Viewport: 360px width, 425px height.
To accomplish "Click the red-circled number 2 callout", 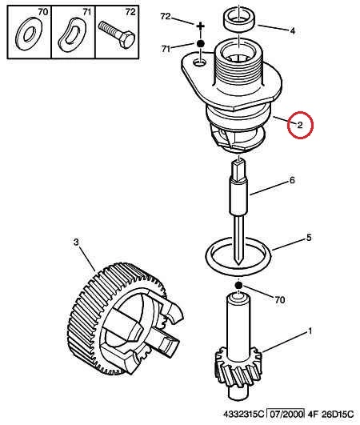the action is coord(300,125).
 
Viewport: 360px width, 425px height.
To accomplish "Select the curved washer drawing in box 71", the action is coord(72,34).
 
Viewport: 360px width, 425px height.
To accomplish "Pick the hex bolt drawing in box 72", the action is coord(117,34).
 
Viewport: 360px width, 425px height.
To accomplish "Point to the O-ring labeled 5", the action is coord(238,256).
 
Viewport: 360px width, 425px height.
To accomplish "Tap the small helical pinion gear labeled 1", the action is coord(238,360).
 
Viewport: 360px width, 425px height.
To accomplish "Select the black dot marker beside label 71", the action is coord(201,43).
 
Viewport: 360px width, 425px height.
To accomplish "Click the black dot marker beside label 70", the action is coord(238,285).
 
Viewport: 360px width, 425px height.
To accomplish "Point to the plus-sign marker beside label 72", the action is coord(201,26).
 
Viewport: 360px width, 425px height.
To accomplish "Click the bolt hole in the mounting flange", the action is coord(200,63).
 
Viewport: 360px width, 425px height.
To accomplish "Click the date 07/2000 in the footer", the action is coord(286,414).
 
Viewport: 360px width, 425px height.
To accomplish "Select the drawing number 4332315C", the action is coord(243,414).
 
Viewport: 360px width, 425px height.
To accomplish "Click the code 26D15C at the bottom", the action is coord(338,414).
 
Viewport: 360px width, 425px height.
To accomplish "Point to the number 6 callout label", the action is coord(292,180).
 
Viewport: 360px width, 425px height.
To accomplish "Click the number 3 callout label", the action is coord(76,242).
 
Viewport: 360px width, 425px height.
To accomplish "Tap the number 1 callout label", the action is coord(310,331).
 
